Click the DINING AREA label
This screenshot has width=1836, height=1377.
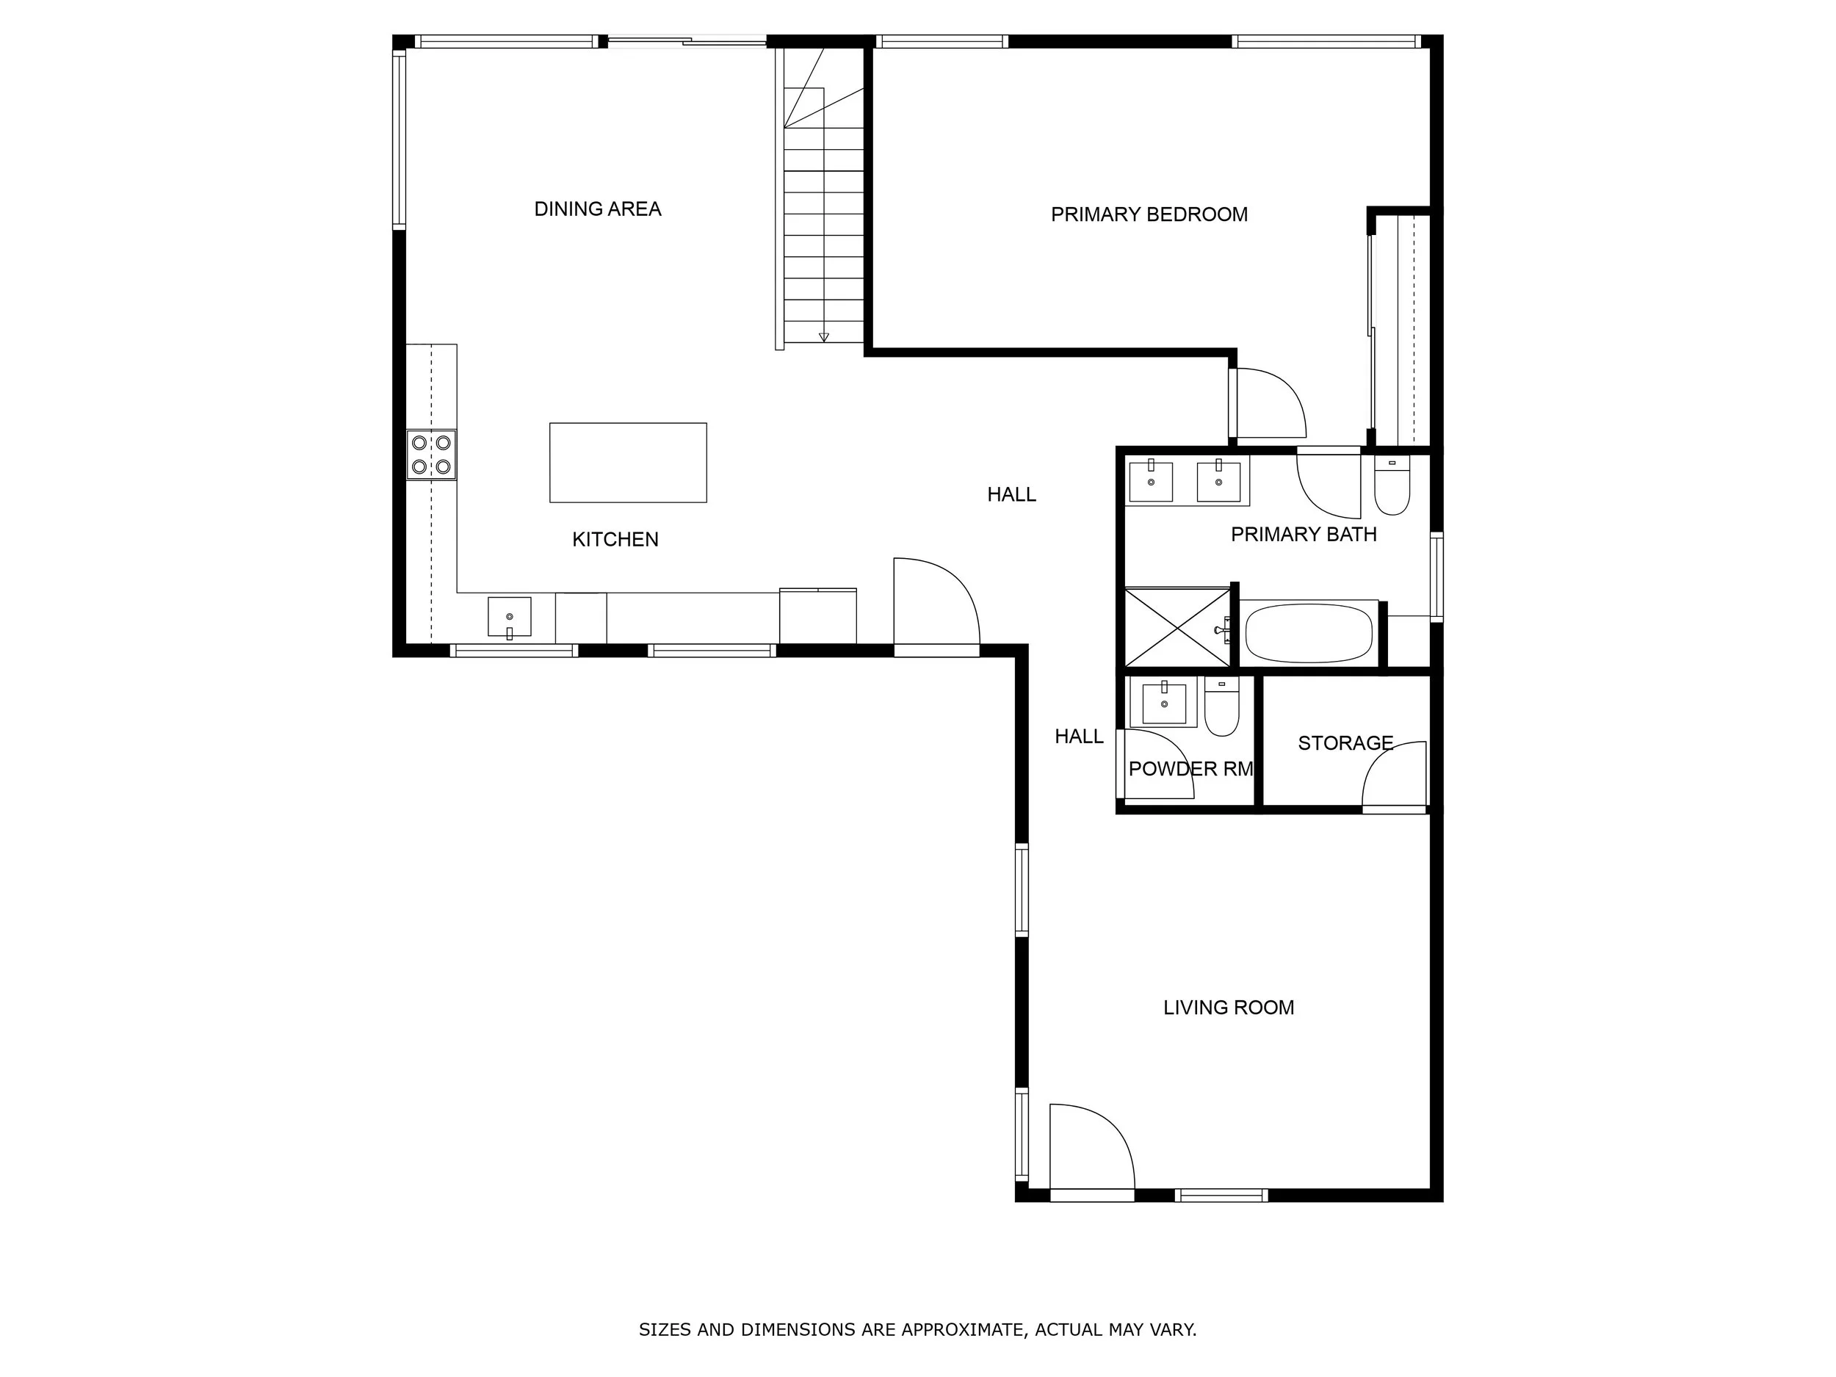[598, 209]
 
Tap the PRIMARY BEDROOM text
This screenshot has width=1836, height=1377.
[1149, 215]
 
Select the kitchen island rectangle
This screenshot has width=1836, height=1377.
[627, 463]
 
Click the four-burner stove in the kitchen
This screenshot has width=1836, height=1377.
[431, 455]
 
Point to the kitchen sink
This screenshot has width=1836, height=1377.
[509, 617]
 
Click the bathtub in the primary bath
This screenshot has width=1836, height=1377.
[1308, 632]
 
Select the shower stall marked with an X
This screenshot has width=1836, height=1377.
[1177, 626]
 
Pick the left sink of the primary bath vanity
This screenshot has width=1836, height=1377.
[1152, 482]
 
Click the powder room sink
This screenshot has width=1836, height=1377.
[1164, 703]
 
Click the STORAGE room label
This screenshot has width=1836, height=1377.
[1345, 743]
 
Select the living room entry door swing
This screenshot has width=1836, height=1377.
[1090, 1149]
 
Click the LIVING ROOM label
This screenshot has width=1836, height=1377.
[1228, 1008]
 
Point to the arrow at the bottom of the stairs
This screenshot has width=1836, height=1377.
[823, 337]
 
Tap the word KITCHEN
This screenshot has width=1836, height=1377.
[615, 540]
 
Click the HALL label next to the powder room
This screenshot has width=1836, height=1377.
[1078, 736]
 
